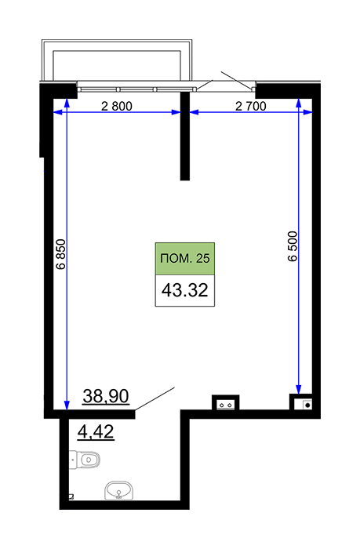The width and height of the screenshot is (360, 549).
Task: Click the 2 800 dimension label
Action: [117, 106]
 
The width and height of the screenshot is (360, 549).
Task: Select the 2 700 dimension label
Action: [251, 106]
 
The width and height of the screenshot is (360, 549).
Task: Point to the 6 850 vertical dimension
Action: [61, 254]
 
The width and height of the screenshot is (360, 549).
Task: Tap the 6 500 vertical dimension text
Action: [293, 246]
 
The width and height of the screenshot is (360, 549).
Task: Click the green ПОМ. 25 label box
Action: [185, 258]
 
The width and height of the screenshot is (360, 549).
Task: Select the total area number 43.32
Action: [185, 290]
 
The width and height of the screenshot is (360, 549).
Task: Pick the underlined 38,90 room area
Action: [106, 396]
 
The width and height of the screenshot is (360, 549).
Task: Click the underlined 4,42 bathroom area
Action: [96, 431]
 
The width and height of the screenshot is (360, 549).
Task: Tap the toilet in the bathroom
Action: [85, 459]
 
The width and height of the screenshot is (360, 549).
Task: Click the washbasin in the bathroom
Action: [119, 490]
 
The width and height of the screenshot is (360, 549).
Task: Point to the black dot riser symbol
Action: [307, 405]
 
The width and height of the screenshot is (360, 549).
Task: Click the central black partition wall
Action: [185, 136]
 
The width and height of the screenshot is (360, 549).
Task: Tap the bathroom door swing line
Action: [155, 398]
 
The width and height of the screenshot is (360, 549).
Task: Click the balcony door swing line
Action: [236, 80]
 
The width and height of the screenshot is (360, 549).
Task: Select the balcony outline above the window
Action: [117, 60]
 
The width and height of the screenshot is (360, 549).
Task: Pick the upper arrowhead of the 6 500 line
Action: [298, 102]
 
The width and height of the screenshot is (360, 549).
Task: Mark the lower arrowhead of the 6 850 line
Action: [67, 405]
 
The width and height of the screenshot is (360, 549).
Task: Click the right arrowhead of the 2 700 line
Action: [307, 112]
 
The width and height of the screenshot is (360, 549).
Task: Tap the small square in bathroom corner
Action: [72, 496]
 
